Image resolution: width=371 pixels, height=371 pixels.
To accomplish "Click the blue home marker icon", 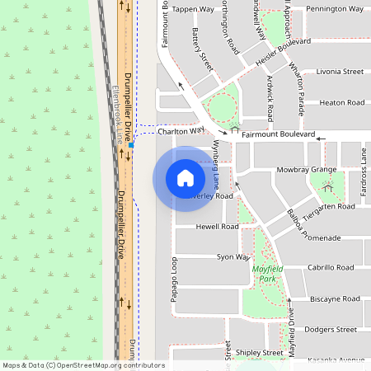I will pyautogui.click(x=185, y=177).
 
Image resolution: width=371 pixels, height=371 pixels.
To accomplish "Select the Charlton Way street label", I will pyautogui.click(x=180, y=130).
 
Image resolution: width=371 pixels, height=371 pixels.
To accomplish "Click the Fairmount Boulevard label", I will pyautogui.click(x=278, y=134).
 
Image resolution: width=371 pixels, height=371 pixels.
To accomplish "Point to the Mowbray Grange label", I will pyautogui.click(x=307, y=170).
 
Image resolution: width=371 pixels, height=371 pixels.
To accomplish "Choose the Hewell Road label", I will pyautogui.click(x=217, y=226).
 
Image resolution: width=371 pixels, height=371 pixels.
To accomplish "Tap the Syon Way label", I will pyautogui.click(x=232, y=257).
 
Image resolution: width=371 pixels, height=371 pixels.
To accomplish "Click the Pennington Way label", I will pyautogui.click(x=334, y=9).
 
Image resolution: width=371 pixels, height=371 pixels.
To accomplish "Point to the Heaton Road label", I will pyautogui.click(x=342, y=102).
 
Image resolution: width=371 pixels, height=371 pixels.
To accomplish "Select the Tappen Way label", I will pyautogui.click(x=194, y=9).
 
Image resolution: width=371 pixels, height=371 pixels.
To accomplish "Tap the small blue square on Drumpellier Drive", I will pyautogui.click(x=130, y=145).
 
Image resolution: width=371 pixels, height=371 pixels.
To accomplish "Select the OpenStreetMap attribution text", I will pyautogui.click(x=83, y=364).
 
